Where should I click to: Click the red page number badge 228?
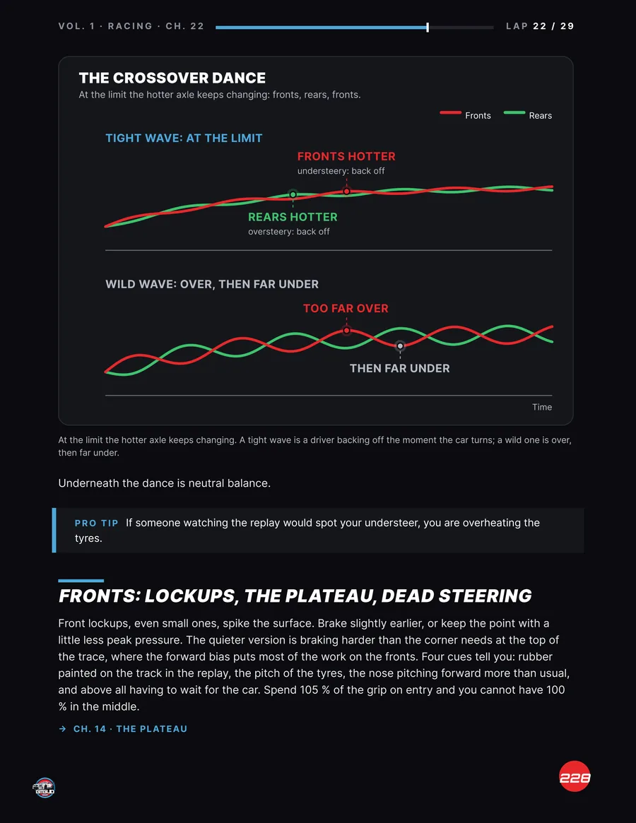tap(575, 776)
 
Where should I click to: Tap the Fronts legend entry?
tap(465, 115)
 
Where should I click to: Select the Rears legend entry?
tap(528, 115)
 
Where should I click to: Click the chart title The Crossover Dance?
tap(172, 78)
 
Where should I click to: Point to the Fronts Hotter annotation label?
tap(346, 156)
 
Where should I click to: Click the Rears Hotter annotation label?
tap(293, 217)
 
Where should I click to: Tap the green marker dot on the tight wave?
tap(293, 195)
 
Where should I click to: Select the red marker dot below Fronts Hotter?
tap(347, 191)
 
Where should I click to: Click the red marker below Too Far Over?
tap(347, 331)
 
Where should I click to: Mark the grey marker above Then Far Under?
tap(400, 346)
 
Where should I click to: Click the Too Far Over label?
tap(346, 308)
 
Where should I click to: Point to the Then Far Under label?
tap(400, 369)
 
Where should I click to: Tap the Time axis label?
tap(542, 407)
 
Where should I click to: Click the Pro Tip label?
tap(97, 523)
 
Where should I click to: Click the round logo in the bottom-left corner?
tap(44, 788)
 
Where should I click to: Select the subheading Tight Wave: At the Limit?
tap(184, 138)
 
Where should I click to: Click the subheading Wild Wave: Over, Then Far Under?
tap(212, 284)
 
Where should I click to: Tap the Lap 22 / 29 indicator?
tap(540, 26)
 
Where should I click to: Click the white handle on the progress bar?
tap(428, 28)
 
